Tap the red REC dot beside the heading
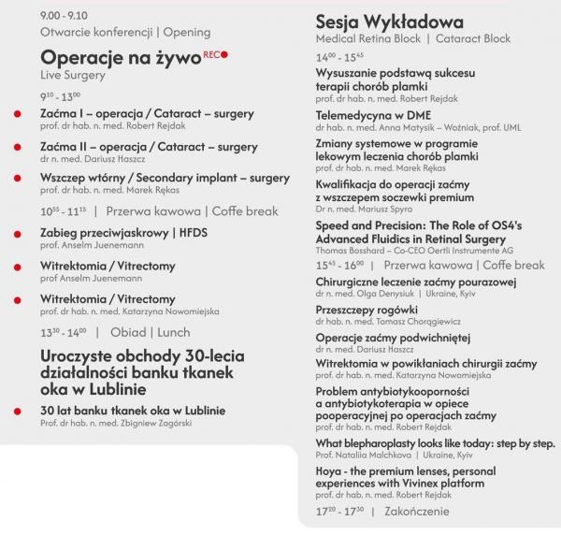click(224, 53)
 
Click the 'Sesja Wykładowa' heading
click(384, 21)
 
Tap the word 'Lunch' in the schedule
click(174, 332)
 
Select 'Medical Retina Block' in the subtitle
click(367, 39)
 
